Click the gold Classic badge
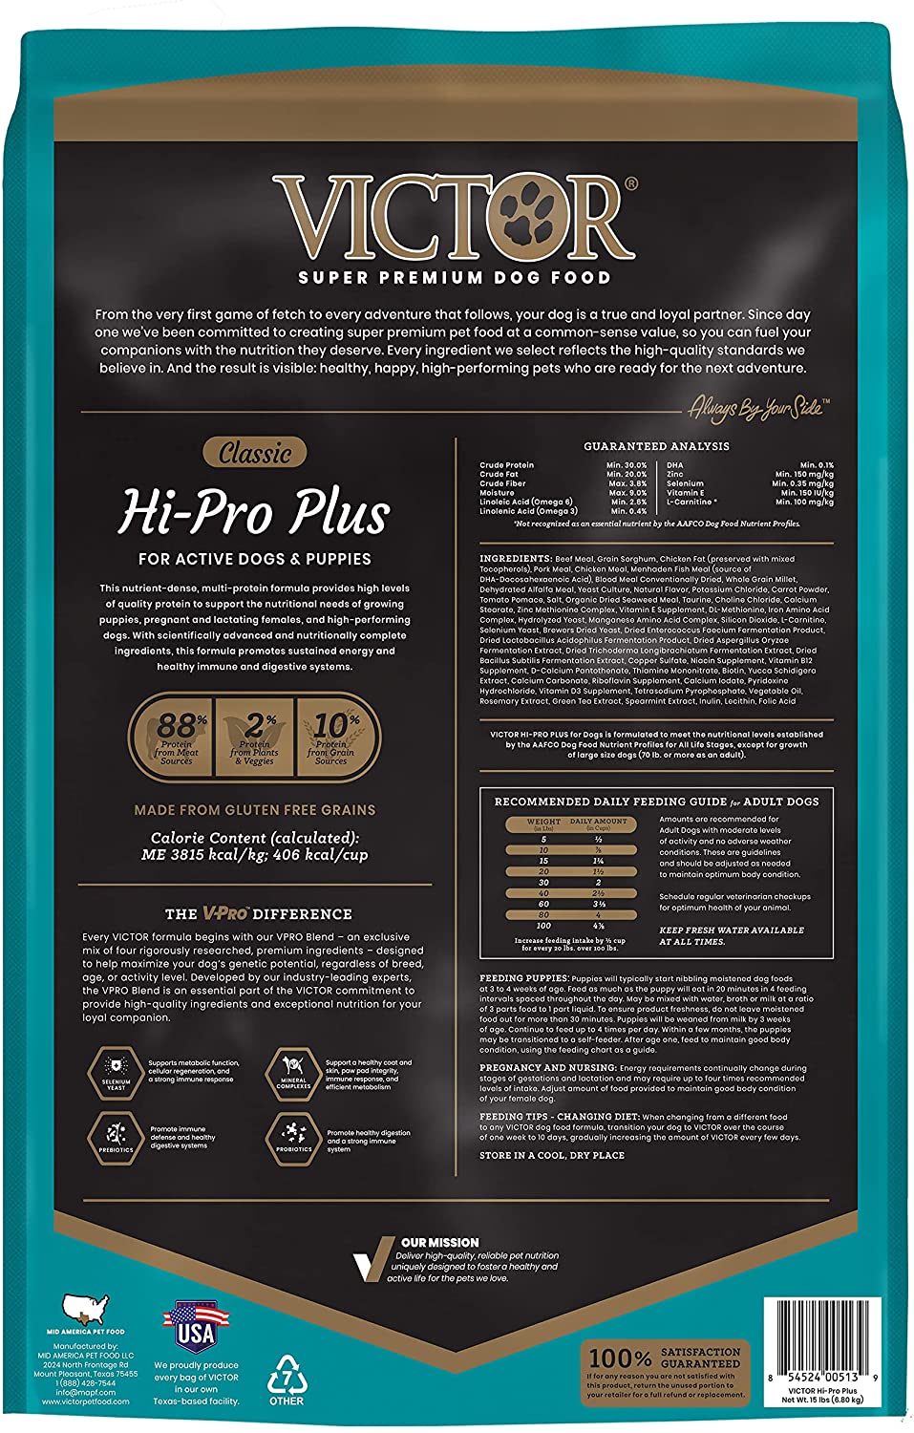click(255, 452)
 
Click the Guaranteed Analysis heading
click(656, 446)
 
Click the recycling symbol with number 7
click(286, 1376)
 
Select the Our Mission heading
click(440, 1242)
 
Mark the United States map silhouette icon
click(86, 1308)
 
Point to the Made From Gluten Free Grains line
click(255, 810)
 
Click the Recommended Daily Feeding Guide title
click(656, 802)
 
